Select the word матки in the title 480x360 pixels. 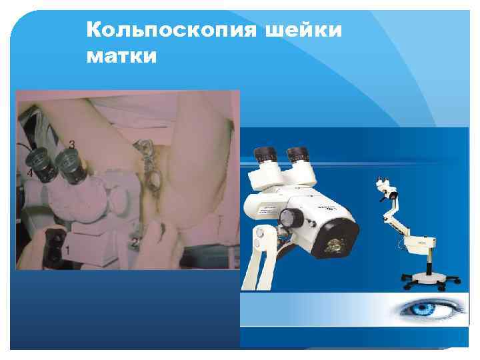[x=122, y=57]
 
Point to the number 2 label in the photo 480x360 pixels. [x=135, y=242]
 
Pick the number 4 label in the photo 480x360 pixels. [x=29, y=173]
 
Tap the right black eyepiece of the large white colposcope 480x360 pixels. [x=297, y=155]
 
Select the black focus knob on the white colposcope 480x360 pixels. [x=289, y=217]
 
